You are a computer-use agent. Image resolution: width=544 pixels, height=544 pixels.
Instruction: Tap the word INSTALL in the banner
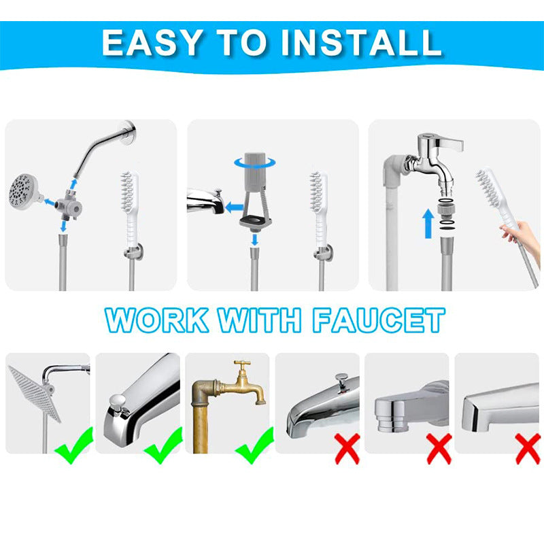(x=362, y=42)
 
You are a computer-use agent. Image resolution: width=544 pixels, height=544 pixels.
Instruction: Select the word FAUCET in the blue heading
(x=378, y=320)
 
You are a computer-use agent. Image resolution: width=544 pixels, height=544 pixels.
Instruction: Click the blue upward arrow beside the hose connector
(x=427, y=224)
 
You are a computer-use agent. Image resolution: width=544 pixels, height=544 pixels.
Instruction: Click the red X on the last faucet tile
(x=528, y=449)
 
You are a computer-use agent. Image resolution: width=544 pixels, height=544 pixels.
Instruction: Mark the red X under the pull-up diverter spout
(x=347, y=449)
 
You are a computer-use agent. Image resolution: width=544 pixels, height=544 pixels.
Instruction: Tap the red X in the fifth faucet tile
(x=439, y=449)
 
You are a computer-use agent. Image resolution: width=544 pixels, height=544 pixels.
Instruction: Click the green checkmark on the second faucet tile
(x=163, y=445)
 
